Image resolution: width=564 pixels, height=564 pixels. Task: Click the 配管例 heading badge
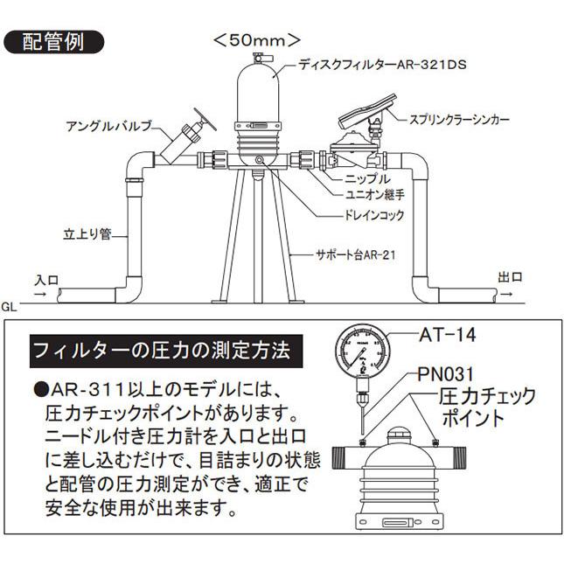pyautogui.click(x=54, y=42)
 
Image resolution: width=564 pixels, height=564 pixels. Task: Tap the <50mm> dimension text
pyautogui.click(x=258, y=40)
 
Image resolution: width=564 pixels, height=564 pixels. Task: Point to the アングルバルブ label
pyautogui.click(x=111, y=126)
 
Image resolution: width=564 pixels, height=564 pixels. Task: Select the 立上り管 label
pyautogui.click(x=88, y=233)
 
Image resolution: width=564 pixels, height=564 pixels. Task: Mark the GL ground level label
pyautogui.click(x=11, y=307)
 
